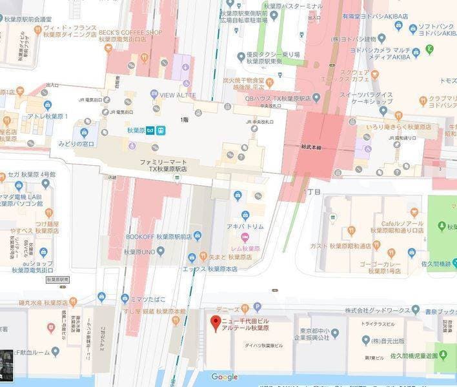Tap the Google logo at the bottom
pos(224,377)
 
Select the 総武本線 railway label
pos(310,147)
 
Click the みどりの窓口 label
pos(76,143)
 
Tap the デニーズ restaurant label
pos(230,308)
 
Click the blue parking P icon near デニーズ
pos(258,308)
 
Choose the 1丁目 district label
pos(312,192)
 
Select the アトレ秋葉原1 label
pos(46,117)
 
